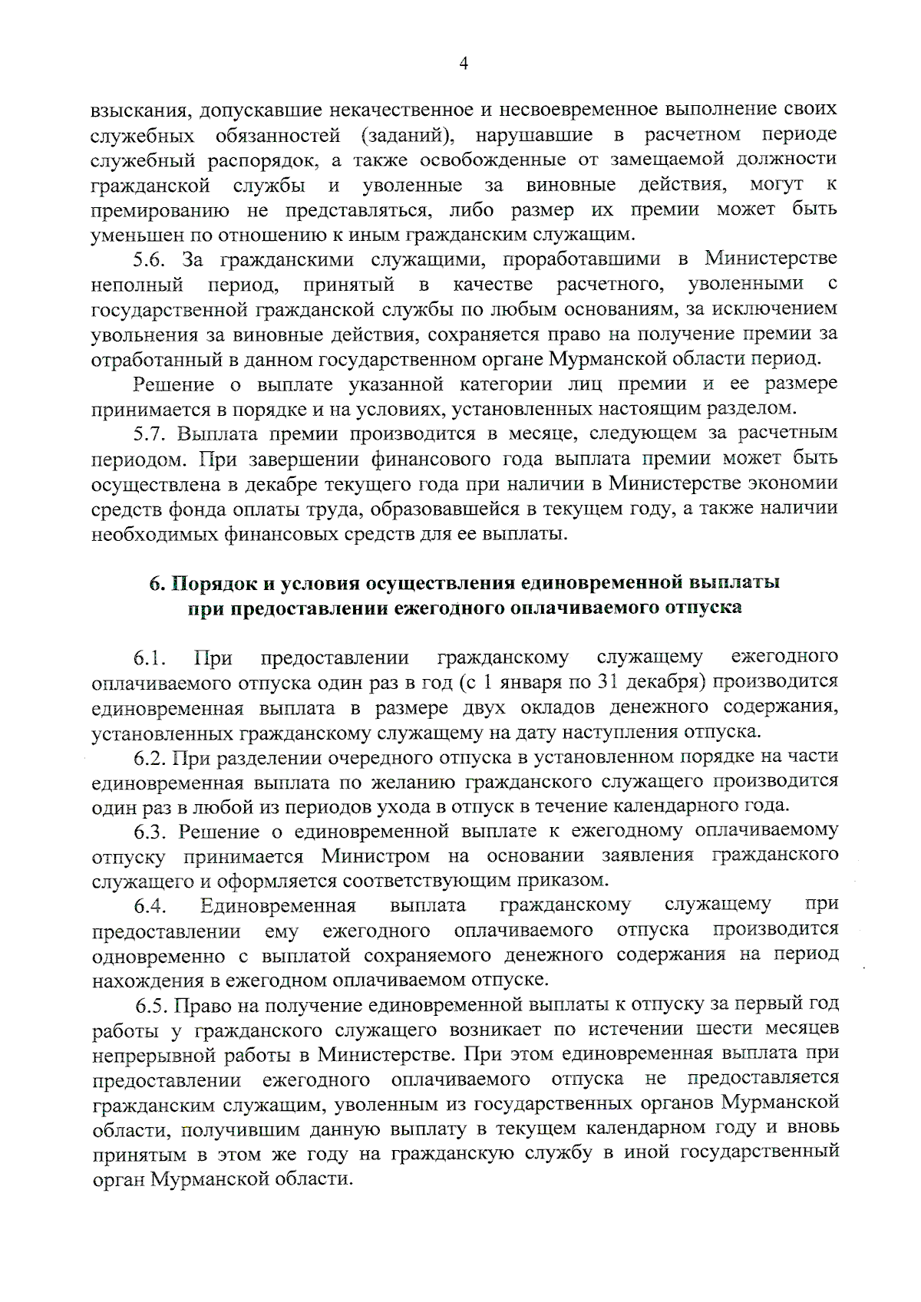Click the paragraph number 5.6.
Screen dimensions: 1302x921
click(152, 259)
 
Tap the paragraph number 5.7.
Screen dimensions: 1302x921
click(152, 433)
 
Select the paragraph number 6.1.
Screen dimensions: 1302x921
click(150, 658)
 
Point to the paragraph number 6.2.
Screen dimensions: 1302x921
click(150, 758)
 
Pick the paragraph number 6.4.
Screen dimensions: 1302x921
click(150, 906)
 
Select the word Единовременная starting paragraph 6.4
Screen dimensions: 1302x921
click(279, 906)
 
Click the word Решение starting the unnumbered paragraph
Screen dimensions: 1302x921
click(173, 384)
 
